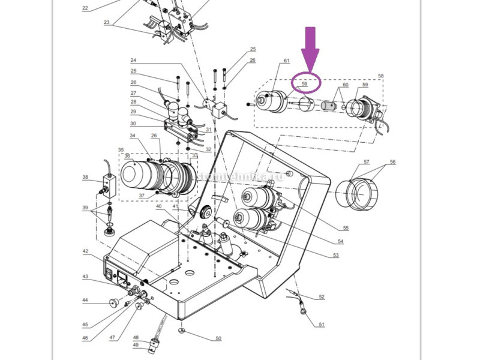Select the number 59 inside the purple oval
coord(305,84)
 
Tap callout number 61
coord(287,61)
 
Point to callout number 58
coord(380,76)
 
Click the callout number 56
coord(392,162)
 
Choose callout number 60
coord(344,85)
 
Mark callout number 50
coord(218,338)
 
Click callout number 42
coord(85,251)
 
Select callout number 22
coord(85,8)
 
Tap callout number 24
coord(133,61)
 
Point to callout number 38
coord(85,177)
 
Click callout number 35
coord(121,149)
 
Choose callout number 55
coord(345,228)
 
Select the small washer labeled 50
coord(181,330)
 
